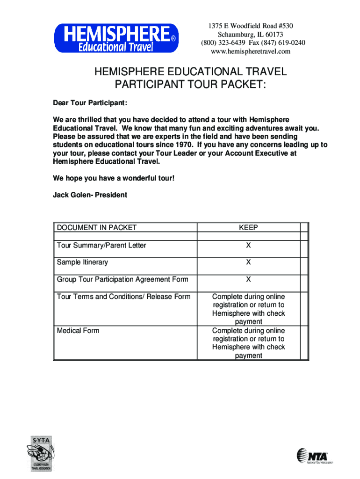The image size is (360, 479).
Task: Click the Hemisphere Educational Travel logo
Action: (x=116, y=38)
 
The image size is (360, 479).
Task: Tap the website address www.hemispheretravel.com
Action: (x=250, y=51)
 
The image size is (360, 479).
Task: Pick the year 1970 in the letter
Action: (x=183, y=145)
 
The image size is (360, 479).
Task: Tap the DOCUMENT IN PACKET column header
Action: (x=97, y=228)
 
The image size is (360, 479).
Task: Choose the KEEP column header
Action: (x=248, y=228)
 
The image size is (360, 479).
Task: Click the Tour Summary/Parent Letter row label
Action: (x=101, y=245)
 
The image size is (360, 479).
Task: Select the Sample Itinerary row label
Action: (x=82, y=262)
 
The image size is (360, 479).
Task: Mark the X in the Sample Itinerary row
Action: (x=248, y=262)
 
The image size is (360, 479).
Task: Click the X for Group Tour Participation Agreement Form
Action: (x=248, y=279)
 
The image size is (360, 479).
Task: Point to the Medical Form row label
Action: (x=78, y=330)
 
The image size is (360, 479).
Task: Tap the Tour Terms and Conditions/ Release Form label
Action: (x=124, y=297)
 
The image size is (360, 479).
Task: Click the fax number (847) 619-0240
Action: (x=280, y=43)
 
